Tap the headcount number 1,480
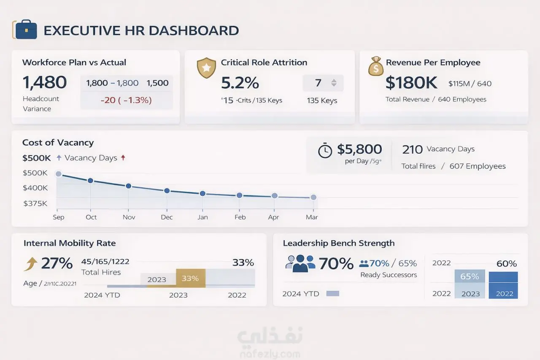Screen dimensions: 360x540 [x=44, y=83]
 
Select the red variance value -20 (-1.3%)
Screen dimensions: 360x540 [x=127, y=100]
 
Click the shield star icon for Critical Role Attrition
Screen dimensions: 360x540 [x=206, y=68]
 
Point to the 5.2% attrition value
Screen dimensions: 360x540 [x=240, y=83]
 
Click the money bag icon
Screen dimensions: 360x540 [x=375, y=67]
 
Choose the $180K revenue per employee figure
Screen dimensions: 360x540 [x=411, y=83]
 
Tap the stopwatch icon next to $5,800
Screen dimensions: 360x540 [x=325, y=151]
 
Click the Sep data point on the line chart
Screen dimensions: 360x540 [x=59, y=174]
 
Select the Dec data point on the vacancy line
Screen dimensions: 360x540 [x=167, y=191]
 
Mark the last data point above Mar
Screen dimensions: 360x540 [x=313, y=197]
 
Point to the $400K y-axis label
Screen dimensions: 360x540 [x=35, y=188]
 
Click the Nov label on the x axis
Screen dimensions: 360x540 [x=129, y=217]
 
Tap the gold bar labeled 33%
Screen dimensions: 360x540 [x=190, y=279]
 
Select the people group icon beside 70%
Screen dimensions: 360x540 [x=300, y=263]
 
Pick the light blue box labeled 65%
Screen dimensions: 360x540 [x=469, y=277]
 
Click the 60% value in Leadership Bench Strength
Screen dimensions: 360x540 [x=506, y=264]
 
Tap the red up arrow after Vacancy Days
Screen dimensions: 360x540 [x=123, y=158]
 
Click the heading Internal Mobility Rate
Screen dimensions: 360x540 [x=70, y=243]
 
